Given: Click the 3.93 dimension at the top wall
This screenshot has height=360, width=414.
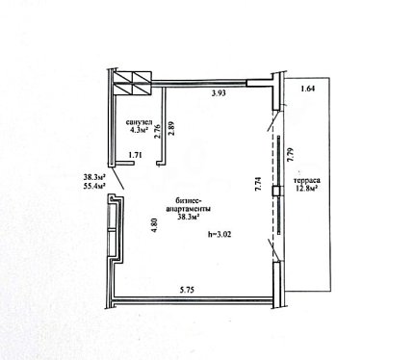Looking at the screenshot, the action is pos(219,93).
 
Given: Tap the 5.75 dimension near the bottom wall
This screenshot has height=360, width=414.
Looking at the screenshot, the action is pos(187,290).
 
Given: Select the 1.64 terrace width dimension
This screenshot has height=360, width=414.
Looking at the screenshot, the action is pos(307,89).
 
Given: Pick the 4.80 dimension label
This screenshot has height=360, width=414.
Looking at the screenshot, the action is pos(155,225).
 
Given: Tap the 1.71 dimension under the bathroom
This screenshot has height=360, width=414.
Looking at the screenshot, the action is pos(135,155).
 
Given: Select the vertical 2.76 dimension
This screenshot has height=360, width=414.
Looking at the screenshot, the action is pos(157,131).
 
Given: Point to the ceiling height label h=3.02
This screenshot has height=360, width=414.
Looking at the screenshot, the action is pos(220,235).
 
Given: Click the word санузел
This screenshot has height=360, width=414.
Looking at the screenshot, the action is pos(139,122).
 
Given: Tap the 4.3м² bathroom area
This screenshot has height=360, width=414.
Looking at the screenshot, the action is pos(139,130).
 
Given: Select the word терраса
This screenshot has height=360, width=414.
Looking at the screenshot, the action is pos(306,180).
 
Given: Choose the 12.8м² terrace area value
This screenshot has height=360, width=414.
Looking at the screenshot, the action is pos(306,187).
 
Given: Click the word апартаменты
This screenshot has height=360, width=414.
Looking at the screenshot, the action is pos(188,209).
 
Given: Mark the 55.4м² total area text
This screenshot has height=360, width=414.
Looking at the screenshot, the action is pos(94,186).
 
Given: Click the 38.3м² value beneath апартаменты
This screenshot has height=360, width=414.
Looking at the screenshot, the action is pos(188,217).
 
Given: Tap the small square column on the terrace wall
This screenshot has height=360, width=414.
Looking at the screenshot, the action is pos(276,192).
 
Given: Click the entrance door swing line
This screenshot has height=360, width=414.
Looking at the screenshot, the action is pos(118,178).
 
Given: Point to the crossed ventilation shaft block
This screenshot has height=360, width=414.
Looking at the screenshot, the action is pos(132,83).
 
